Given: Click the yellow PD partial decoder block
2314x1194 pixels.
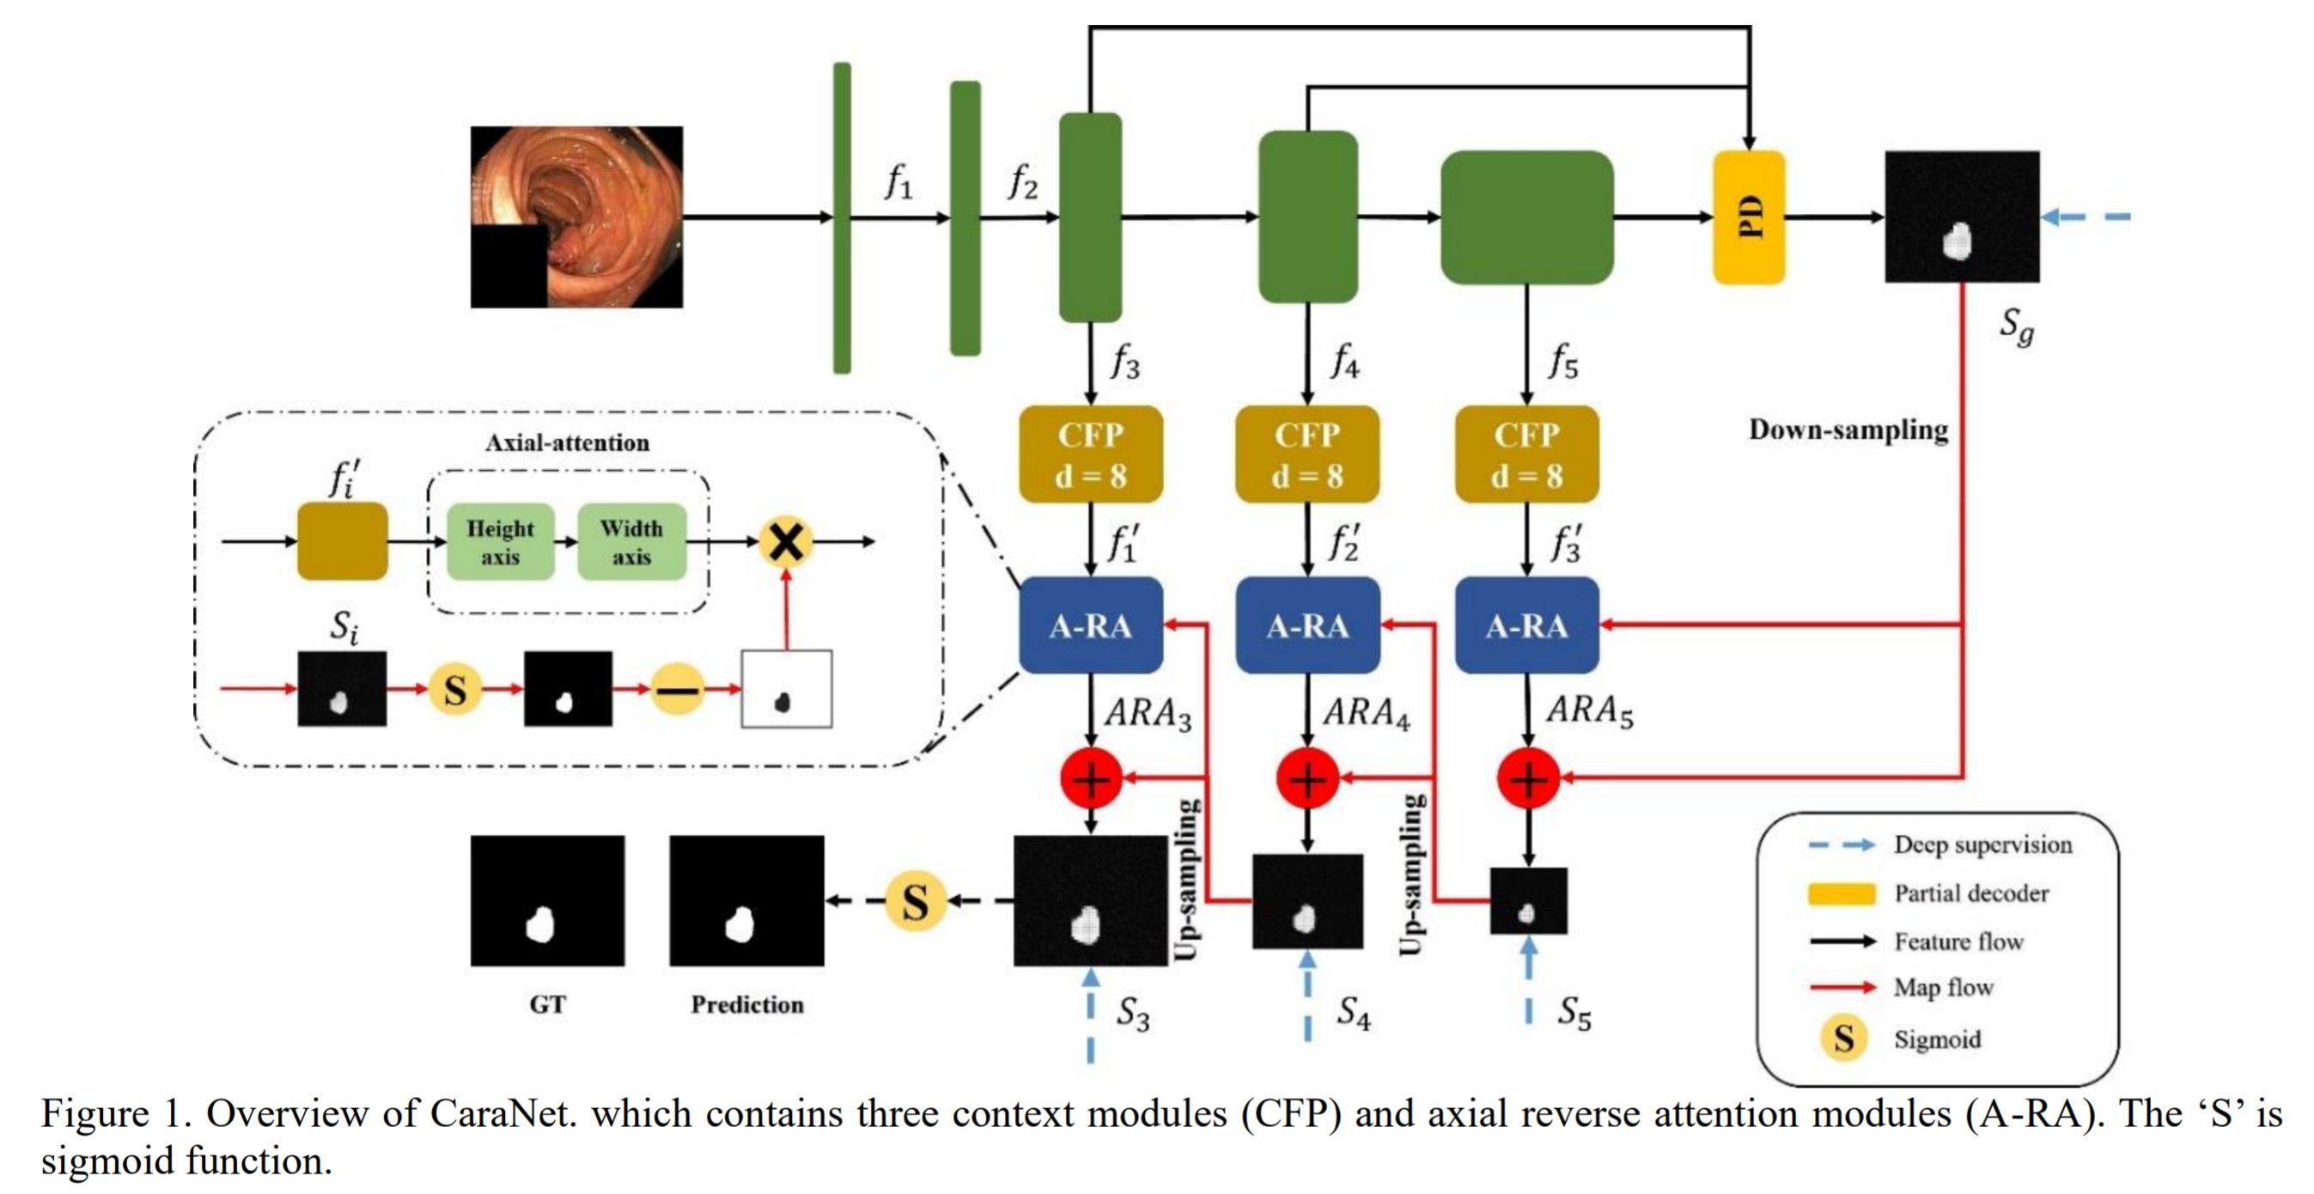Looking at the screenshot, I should [x=1748, y=217].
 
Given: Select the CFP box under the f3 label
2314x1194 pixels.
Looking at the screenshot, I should [x=1090, y=454].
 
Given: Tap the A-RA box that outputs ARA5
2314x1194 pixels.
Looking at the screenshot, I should [x=1526, y=625].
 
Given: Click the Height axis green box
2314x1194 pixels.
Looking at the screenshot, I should [x=501, y=542].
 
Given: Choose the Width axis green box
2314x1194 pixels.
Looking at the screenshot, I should [x=631, y=542].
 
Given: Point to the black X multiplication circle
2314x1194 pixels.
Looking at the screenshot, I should [x=786, y=542].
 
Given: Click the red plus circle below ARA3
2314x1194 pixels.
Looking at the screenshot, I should [x=1091, y=778].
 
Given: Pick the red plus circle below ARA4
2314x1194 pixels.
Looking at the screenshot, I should [x=1308, y=778].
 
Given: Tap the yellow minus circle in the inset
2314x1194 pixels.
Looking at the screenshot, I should [x=676, y=689].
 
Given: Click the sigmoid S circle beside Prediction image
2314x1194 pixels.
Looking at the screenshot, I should [x=915, y=901].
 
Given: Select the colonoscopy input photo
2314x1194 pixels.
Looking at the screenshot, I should [x=576, y=216].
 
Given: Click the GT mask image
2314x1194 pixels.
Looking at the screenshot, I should [x=547, y=901].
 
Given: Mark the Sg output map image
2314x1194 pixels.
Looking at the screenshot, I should [x=1962, y=216].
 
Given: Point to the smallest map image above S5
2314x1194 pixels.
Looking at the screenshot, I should [x=1528, y=901].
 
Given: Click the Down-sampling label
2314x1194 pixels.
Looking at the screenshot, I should [x=1848, y=429].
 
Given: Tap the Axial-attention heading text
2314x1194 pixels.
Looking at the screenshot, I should [x=567, y=442].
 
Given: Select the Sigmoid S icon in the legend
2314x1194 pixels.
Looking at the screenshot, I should [x=1843, y=1039].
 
